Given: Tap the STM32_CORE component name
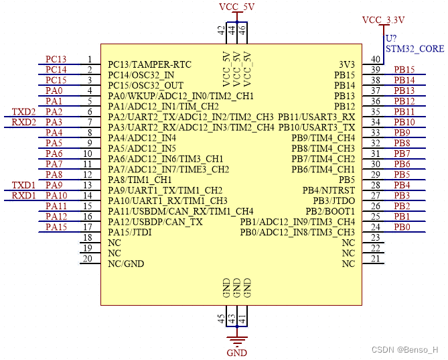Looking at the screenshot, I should (415, 49).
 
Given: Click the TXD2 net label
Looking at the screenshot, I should (24, 111).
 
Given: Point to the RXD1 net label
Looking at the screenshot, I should (24, 195).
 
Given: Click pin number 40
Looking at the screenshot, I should (376, 60).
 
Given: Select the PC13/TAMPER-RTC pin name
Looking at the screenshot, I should (149, 64).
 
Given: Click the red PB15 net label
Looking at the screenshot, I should (404, 70).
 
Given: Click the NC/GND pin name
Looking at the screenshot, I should (126, 263).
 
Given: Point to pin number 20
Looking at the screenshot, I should (87, 259).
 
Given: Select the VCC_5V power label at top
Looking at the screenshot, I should (237, 7).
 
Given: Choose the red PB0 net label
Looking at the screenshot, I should (402, 227).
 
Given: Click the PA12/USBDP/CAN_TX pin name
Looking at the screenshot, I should (155, 221).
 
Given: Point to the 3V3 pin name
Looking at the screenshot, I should (347, 64).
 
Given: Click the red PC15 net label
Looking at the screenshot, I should (56, 80).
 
